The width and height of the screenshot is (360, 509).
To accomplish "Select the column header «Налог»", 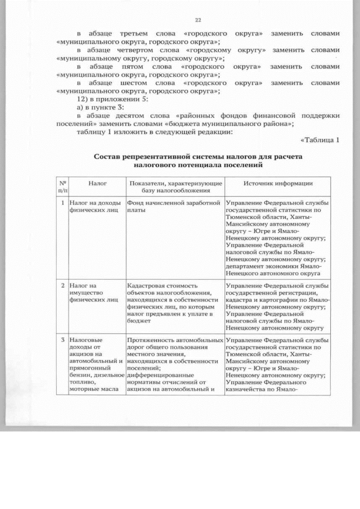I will pyautogui.click(x=98, y=183).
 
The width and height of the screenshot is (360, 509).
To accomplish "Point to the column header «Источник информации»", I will pyautogui.click(x=278, y=183).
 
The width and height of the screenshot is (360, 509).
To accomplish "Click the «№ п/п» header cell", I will pyautogui.click(x=62, y=187).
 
